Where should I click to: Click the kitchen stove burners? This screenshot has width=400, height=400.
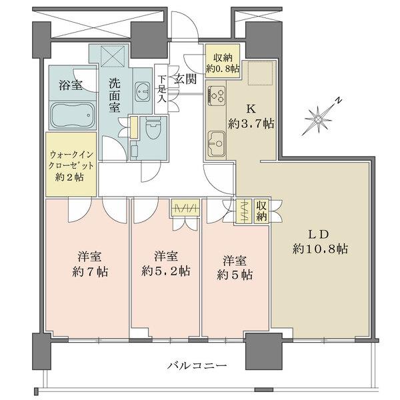(218, 97)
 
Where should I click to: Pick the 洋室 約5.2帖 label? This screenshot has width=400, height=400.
(165, 263)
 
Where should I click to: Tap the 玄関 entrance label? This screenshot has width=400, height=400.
(185, 78)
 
